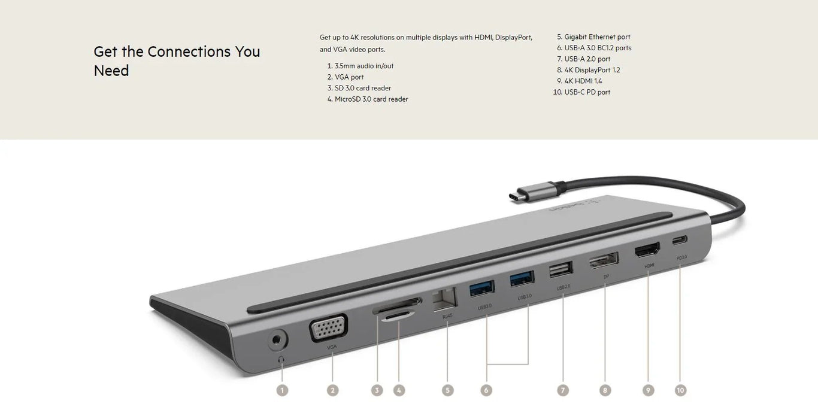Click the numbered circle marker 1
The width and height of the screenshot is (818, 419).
click(x=282, y=390)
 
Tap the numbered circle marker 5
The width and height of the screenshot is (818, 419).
click(x=447, y=390)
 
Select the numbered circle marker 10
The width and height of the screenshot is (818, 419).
click(x=680, y=390)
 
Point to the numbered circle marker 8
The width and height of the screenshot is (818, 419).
click(x=605, y=390)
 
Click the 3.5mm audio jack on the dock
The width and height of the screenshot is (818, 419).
click(x=276, y=341)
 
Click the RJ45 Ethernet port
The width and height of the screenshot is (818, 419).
click(x=444, y=298)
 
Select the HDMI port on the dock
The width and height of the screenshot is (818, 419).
click(x=647, y=250)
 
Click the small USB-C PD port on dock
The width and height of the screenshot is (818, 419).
click(x=680, y=240)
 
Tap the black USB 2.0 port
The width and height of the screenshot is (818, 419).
click(x=560, y=271)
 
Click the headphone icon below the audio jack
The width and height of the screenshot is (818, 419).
click(x=281, y=360)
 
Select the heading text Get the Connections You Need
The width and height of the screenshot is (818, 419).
click(x=177, y=61)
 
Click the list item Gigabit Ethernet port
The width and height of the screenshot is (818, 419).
click(x=597, y=37)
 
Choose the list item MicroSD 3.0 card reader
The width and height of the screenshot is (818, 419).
click(x=371, y=99)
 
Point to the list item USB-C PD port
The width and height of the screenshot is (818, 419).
click(x=587, y=92)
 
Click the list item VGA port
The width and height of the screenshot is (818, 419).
click(x=349, y=77)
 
